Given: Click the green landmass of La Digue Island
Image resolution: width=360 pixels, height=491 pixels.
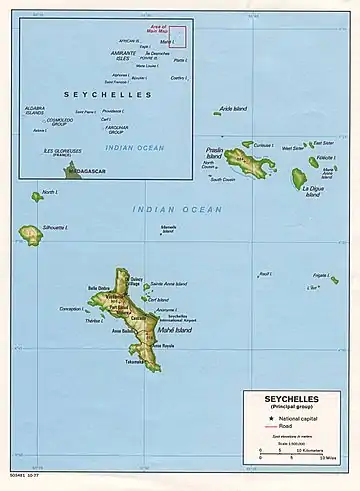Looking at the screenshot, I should click(x=298, y=179).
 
